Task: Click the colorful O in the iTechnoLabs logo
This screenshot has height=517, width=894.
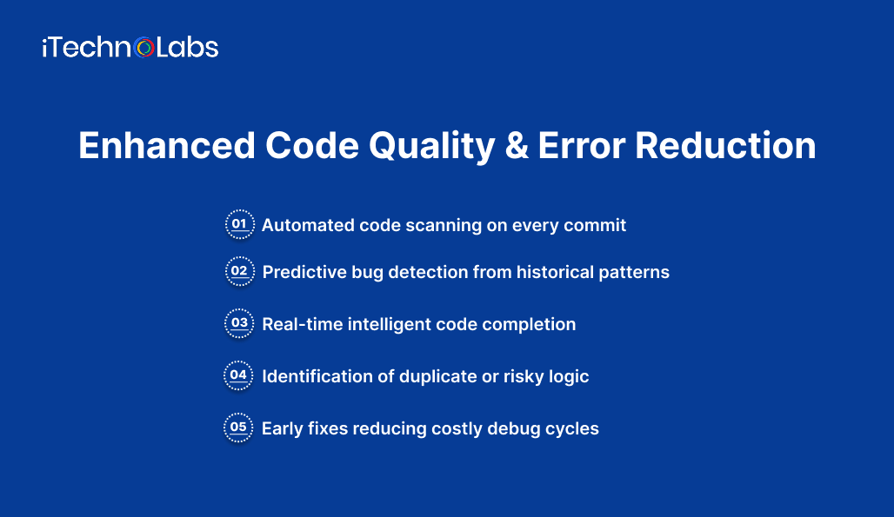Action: [x=144, y=47]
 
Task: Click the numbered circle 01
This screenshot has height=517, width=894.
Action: [x=239, y=224]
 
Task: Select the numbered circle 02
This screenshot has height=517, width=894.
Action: [x=239, y=272]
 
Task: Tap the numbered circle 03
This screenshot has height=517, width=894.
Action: [x=239, y=324]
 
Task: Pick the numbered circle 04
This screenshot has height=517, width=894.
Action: [x=239, y=376]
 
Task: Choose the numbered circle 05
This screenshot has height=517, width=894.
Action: [x=239, y=428]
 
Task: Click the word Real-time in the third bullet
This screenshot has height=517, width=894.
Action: [x=303, y=324]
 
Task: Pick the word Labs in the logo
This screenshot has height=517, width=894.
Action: [x=187, y=47]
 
